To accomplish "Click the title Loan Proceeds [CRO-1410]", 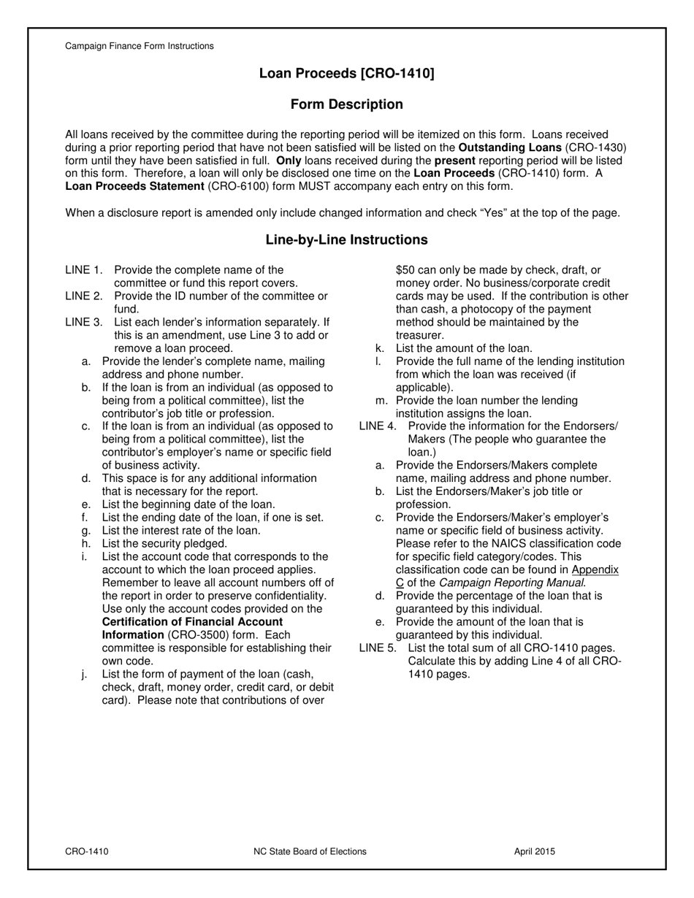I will point(346,74).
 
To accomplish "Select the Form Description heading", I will point(346,104).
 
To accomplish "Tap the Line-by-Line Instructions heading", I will point(346,239).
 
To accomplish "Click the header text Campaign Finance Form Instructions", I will point(140,46).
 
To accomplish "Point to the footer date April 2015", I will point(534,851).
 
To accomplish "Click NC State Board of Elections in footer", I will point(310,851).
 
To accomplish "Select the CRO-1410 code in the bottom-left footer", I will point(87,851).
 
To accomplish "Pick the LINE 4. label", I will point(378,426).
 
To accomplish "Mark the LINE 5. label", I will point(378,648).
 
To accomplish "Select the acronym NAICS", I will point(515,544).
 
